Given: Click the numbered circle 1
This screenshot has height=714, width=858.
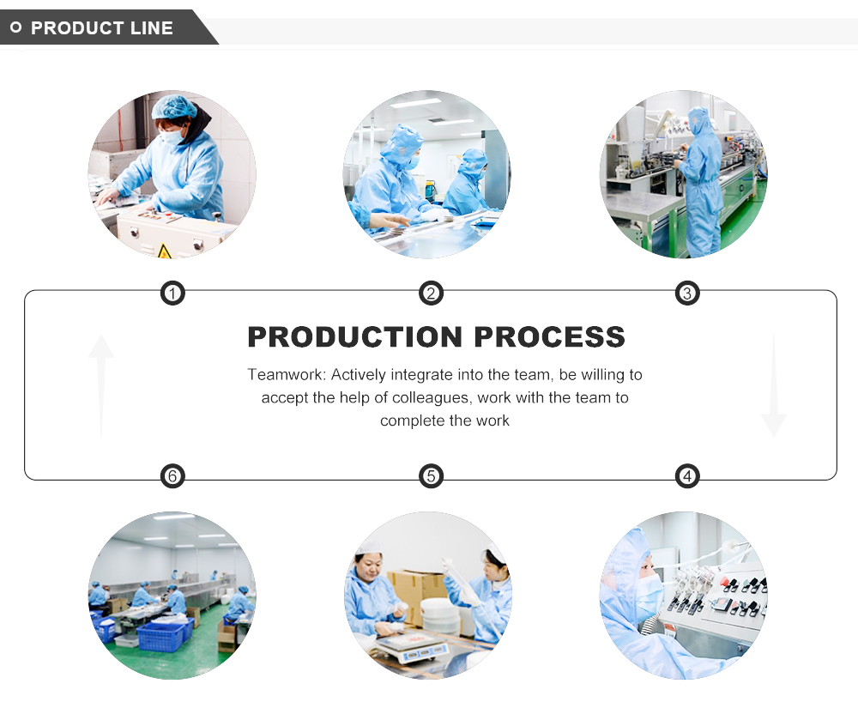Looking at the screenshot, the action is coord(173,294).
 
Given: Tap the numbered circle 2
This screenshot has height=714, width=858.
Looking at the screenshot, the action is coord(431,294).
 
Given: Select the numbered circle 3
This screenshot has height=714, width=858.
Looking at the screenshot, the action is coord(686,294).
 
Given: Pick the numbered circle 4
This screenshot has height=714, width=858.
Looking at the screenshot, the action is coord(686,475).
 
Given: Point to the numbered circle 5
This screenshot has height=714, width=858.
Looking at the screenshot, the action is coord(431,475).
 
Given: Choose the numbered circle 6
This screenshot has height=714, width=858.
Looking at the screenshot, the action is coord(173,475).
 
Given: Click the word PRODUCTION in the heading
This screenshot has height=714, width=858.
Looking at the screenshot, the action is coord(353,337).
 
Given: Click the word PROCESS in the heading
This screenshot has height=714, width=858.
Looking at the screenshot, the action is coord(550,337).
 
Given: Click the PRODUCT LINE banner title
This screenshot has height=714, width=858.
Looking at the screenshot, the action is coord(101,28).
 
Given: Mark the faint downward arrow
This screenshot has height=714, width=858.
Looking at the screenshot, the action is coord(773,386).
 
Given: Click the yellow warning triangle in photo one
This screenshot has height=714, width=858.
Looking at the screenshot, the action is coord(164,250).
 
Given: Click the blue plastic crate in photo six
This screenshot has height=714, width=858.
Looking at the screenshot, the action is coord(160,636).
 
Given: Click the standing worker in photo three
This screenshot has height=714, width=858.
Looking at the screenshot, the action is coord(700,185).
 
